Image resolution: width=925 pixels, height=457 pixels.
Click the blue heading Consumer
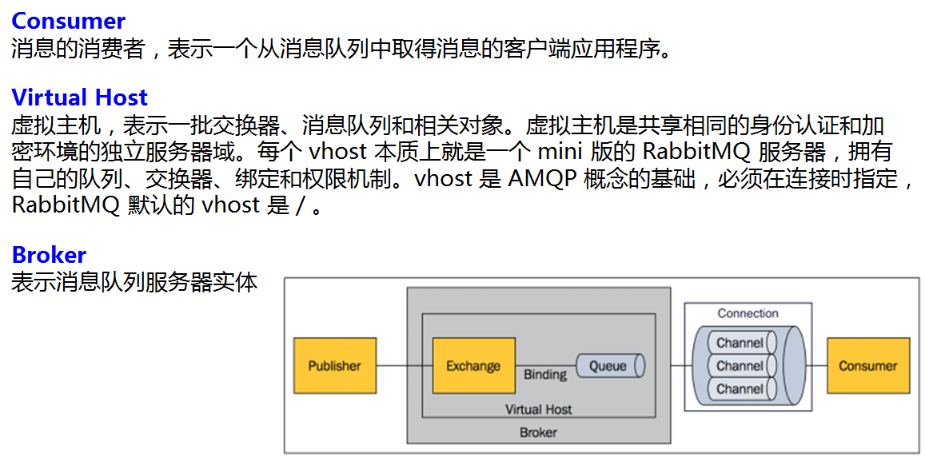pyautogui.click(x=69, y=21)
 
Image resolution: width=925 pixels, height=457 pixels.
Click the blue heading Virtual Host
pyautogui.click(x=79, y=97)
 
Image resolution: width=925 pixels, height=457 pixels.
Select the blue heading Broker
pyautogui.click(x=49, y=255)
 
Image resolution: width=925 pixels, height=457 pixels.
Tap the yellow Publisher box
pyautogui.click(x=334, y=366)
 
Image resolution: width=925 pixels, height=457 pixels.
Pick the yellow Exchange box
pyautogui.click(x=473, y=366)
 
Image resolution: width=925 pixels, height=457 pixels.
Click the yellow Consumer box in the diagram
pyautogui.click(x=867, y=366)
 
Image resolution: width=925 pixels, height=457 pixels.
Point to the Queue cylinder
pyautogui.click(x=610, y=366)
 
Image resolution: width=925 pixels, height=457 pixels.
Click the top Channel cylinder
pyautogui.click(x=740, y=343)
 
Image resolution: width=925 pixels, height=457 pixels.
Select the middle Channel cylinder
pyautogui.click(x=740, y=366)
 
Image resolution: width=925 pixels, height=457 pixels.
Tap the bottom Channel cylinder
pyautogui.click(x=740, y=389)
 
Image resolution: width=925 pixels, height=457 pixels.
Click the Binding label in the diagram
pyautogui.click(x=545, y=375)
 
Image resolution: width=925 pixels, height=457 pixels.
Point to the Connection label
pyautogui.click(x=748, y=314)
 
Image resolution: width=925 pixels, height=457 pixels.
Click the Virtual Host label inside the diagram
pyautogui.click(x=538, y=410)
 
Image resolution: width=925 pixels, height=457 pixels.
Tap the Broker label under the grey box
pyautogui.click(x=538, y=432)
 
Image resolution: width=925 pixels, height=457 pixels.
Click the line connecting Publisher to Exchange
pyautogui.click(x=404, y=366)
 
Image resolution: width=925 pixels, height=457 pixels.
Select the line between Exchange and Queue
pyautogui.click(x=545, y=365)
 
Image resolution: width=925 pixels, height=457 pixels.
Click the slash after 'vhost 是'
pyautogui.click(x=300, y=205)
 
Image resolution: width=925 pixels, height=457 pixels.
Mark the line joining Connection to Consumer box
pyautogui.click(x=819, y=366)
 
